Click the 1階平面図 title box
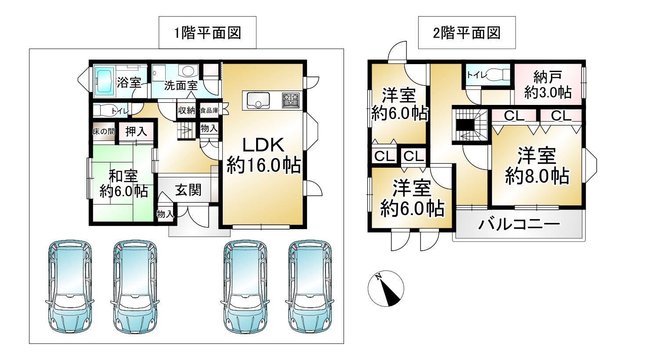click(207, 32)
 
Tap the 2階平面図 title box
click(467, 32)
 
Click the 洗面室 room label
click(181, 86)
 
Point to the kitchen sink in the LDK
click(256, 100)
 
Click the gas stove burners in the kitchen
click(290, 101)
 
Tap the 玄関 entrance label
click(188, 190)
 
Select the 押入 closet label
click(136, 132)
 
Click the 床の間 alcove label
click(104, 132)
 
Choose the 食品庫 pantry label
click(210, 110)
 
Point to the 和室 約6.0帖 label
click(124, 184)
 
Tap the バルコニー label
click(519, 224)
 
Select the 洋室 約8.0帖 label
click(537, 166)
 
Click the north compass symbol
click(386, 288)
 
